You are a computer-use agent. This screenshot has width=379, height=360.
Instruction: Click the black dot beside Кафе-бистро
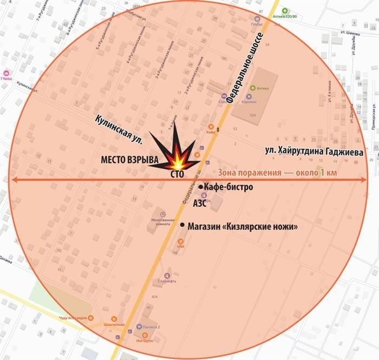point(201,187)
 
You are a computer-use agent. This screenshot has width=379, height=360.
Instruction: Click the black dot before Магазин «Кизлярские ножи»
point(182,225)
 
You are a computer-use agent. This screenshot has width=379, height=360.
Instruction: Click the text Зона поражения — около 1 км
point(292,173)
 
